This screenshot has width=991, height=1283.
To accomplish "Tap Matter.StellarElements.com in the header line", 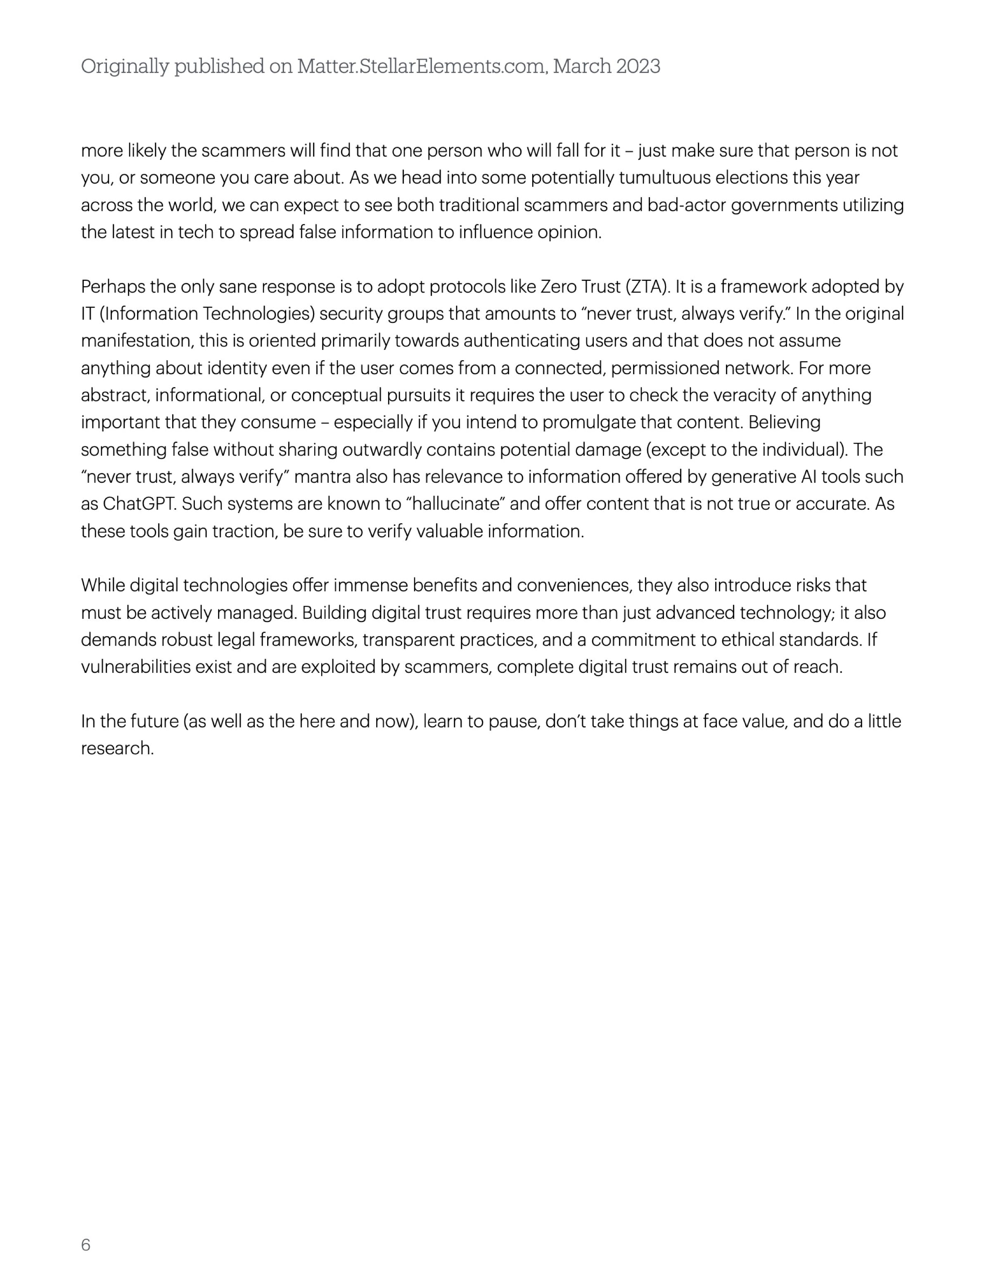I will tap(421, 67).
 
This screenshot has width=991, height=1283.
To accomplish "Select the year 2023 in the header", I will tap(638, 67).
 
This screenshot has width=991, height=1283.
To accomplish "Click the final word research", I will tap(117, 748).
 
